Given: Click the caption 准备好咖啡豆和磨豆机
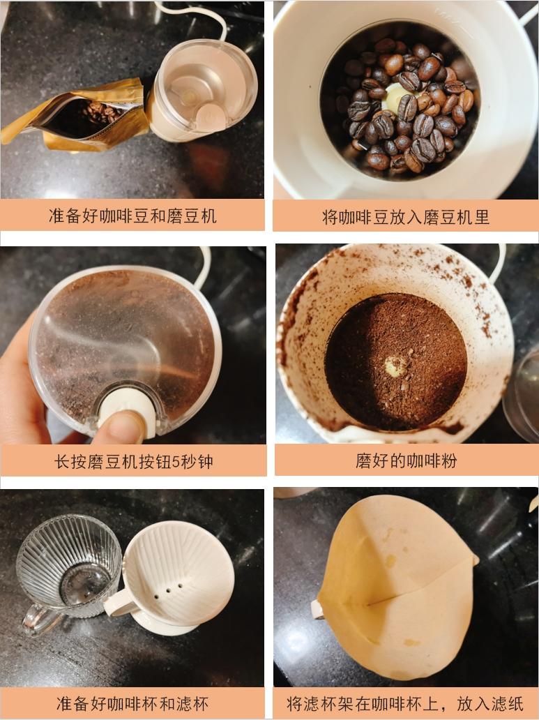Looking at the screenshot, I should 132,216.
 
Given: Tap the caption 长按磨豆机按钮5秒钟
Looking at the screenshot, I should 133,461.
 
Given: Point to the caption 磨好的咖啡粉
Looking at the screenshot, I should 407,461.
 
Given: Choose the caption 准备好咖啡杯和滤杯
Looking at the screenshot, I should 132,703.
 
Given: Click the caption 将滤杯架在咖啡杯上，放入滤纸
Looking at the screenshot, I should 407,703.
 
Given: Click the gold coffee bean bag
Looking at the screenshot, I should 77,116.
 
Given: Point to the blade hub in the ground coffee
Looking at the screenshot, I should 396,365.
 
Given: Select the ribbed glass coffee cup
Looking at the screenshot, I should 66,569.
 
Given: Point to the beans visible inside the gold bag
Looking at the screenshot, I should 98,112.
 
